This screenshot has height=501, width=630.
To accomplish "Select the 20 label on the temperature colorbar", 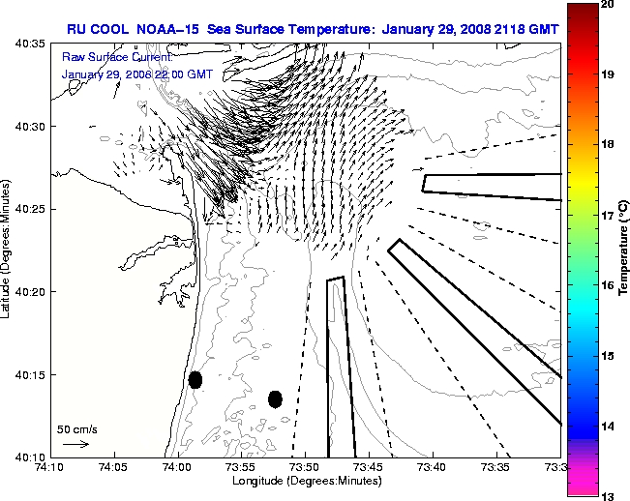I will click(607, 6).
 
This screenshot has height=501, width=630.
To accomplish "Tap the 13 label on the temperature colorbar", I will click(607, 495).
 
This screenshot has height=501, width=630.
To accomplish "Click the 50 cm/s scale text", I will click(75, 427).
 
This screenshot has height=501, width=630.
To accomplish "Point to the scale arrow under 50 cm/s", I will click(75, 444).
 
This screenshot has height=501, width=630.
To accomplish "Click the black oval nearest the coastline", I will click(195, 379).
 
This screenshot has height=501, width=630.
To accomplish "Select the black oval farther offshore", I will click(275, 398).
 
